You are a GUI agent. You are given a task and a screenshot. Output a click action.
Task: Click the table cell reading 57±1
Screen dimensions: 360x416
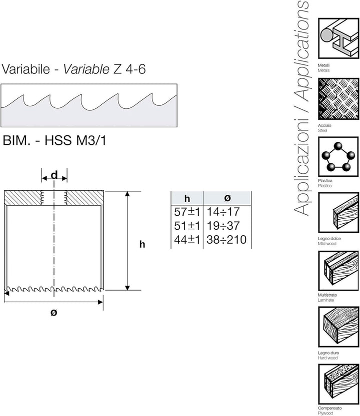coord(187,212)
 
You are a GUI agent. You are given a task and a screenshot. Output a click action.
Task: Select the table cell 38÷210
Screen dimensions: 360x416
coord(226,240)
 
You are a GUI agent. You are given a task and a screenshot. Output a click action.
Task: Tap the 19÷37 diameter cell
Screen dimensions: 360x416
coord(223,226)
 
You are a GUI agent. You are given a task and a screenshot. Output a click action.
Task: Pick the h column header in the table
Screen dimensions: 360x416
coord(187,198)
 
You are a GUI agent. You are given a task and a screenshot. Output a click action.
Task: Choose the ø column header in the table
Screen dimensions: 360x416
coord(227,198)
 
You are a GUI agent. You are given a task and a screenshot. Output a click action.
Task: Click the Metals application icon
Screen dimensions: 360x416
coord(338,38)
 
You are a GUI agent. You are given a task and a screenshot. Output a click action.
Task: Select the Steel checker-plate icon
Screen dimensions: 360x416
coord(338,98)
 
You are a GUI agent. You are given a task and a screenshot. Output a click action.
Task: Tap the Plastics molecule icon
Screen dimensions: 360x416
coord(338,157)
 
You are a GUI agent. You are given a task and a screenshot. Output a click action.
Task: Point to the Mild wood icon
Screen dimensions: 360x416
coord(338,213)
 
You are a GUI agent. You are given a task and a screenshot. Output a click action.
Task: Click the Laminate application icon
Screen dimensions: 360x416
coord(338,271)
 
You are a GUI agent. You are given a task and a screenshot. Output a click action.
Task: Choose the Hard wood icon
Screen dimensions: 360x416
coord(338,327)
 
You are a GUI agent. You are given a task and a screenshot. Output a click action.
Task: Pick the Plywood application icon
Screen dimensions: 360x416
coord(338,384)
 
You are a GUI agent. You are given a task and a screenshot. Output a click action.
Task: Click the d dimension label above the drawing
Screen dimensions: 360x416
coord(54,175)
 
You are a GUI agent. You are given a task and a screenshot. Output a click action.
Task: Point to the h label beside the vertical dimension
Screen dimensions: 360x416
coord(142,244)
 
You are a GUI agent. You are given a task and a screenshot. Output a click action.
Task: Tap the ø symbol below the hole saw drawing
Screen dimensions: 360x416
coord(53,313)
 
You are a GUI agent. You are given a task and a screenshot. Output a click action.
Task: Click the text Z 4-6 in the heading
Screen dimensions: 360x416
coord(129,69)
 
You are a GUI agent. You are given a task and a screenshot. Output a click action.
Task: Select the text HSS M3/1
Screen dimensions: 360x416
coord(75,140)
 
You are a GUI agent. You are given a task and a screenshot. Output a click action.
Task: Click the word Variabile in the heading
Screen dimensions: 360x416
coord(26,69)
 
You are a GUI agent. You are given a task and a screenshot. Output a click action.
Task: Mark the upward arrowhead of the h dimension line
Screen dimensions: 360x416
coord(127,194)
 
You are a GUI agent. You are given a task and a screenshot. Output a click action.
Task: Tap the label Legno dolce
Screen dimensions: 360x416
coord(329,239)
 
